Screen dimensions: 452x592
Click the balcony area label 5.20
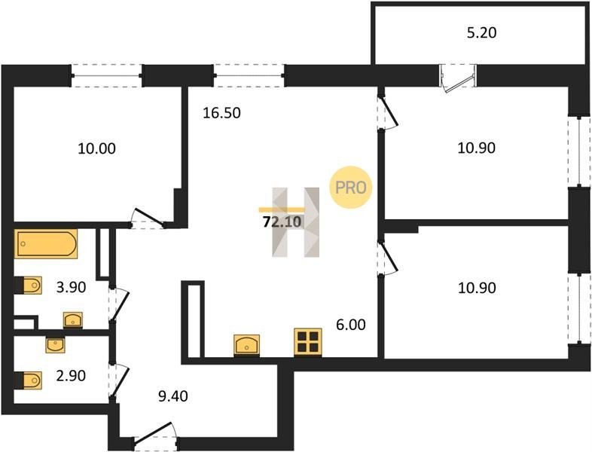(x=481, y=33)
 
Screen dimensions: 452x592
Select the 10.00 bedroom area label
(x=96, y=148)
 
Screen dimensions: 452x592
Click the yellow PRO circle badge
(x=352, y=187)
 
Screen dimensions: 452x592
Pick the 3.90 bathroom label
(x=72, y=287)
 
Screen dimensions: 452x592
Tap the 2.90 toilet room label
(x=72, y=374)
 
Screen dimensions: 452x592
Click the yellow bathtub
(x=46, y=244)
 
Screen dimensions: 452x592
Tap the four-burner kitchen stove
(x=307, y=341)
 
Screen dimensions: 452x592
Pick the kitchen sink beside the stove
(x=247, y=344)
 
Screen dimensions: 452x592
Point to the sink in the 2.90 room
(x=56, y=345)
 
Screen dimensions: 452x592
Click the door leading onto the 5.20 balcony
(x=458, y=79)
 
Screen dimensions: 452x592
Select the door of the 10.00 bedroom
(x=148, y=219)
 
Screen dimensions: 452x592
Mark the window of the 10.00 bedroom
(x=106, y=76)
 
